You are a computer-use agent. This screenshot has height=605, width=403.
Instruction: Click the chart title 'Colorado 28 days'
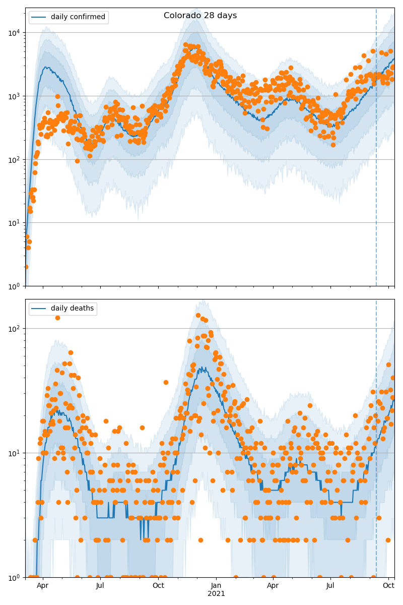pyautogui.click(x=200, y=16)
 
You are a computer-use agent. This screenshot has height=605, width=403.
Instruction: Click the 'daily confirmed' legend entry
pyautogui.click(x=78, y=17)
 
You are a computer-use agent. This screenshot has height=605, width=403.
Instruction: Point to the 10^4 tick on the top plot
pyautogui.click(x=14, y=33)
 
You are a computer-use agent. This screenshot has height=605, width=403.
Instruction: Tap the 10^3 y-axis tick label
pyautogui.click(x=14, y=96)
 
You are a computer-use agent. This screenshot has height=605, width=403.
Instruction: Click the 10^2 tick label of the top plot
pyautogui.click(x=14, y=159)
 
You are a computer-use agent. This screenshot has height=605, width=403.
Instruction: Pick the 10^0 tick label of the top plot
pyautogui.click(x=14, y=286)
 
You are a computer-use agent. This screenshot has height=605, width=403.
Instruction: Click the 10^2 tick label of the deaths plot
pyautogui.click(x=14, y=329)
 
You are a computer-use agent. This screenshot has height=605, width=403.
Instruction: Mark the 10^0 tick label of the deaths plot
pyautogui.click(x=14, y=577)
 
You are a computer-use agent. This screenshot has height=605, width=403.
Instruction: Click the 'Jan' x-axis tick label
pyautogui.click(x=216, y=585)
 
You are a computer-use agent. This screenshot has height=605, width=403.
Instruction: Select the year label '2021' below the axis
pyautogui.click(x=216, y=593)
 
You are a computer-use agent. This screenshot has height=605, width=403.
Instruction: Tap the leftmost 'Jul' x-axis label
pyautogui.click(x=100, y=585)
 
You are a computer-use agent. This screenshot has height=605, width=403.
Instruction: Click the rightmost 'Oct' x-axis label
pyautogui.click(x=388, y=585)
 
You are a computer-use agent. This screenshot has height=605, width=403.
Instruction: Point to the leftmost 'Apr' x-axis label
pyautogui.click(x=42, y=585)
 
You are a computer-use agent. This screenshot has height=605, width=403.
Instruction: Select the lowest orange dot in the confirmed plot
pyautogui.click(x=26, y=267)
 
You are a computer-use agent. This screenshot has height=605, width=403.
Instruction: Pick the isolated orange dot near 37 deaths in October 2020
pyautogui.click(x=166, y=382)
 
